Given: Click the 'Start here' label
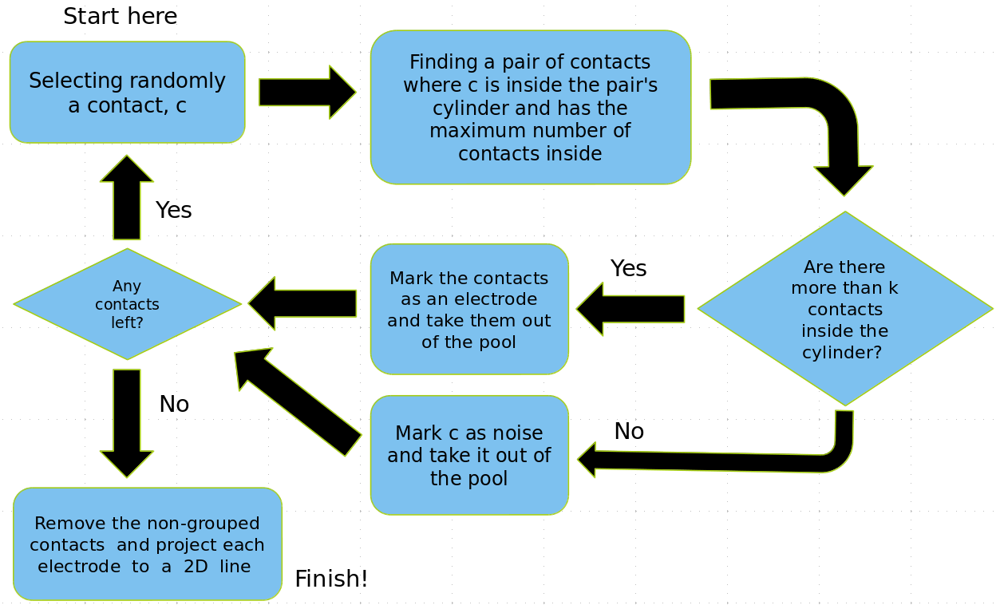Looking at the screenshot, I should [120, 16].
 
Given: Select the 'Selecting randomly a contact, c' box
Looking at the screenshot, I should [127, 93].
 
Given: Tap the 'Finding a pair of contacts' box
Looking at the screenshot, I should [530, 107].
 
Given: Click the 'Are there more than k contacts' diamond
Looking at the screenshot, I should [844, 309].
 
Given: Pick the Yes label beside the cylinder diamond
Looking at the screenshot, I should [628, 269].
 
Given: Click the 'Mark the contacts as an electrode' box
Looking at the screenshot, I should [469, 309].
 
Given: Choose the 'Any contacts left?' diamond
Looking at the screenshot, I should [127, 304].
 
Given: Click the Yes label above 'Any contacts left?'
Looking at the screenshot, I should [173, 211].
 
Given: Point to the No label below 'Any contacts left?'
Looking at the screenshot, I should [174, 405].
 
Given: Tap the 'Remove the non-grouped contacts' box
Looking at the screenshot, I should [148, 544].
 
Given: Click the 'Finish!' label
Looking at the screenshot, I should [331, 579].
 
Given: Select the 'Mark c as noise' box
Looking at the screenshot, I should [469, 455].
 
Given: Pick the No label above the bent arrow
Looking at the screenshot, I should [629, 432].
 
